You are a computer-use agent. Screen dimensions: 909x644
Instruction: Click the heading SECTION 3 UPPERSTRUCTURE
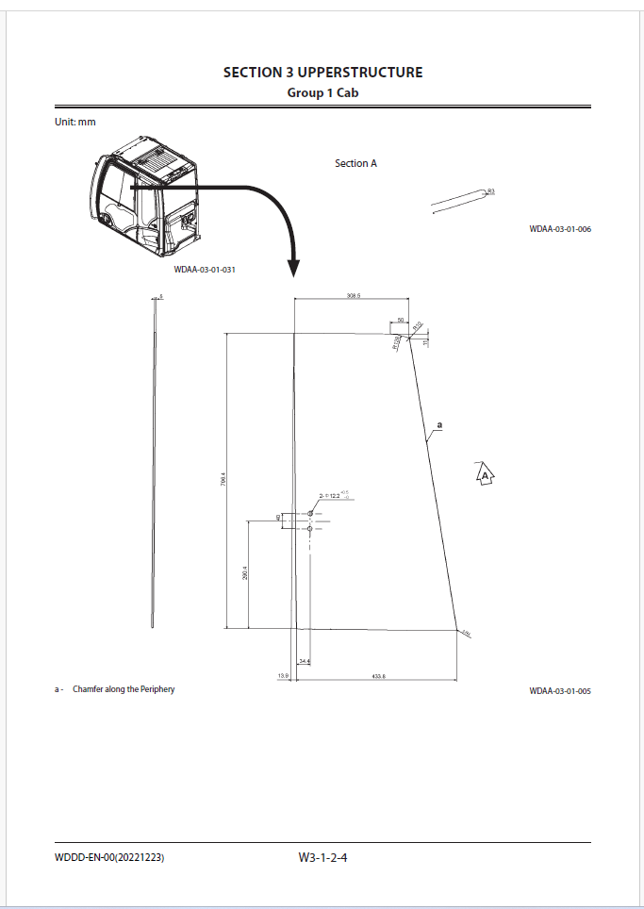tap(322, 73)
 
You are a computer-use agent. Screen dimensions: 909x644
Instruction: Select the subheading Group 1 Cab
tap(322, 92)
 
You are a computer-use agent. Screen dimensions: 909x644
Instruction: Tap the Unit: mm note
tap(74, 122)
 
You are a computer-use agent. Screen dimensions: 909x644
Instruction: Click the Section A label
tap(355, 163)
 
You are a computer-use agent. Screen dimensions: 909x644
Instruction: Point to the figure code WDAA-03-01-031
tap(204, 271)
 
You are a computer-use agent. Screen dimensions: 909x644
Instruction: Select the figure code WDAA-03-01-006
tap(560, 229)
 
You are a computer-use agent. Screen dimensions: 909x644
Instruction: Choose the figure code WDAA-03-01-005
tap(560, 691)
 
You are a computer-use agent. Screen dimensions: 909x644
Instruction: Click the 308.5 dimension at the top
tap(355, 296)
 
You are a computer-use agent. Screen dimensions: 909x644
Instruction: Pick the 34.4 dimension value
tap(305, 661)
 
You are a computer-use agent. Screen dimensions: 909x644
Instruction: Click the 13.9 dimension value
tap(282, 676)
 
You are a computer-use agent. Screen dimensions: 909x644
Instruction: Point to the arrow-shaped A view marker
tap(485, 475)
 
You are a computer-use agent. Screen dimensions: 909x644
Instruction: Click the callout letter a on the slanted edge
tap(438, 425)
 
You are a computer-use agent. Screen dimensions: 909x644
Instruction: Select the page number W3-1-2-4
tap(323, 857)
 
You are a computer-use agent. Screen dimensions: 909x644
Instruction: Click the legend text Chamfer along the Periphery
tap(124, 689)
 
